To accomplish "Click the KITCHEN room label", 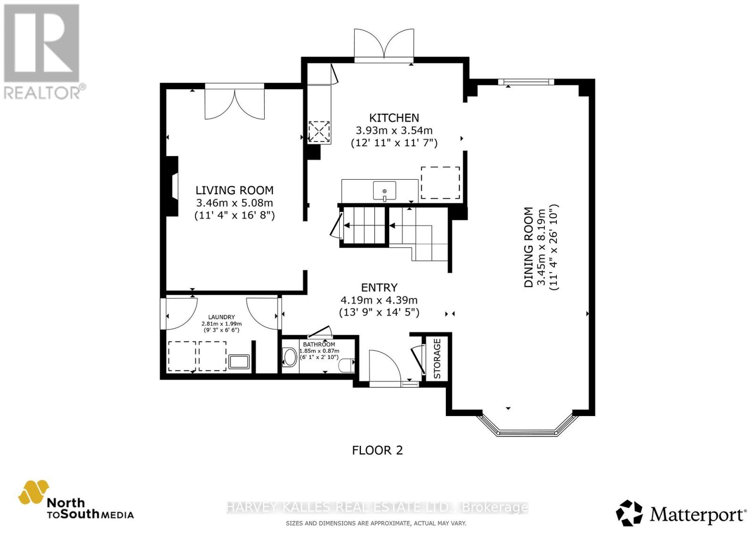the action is pyautogui.click(x=394, y=118).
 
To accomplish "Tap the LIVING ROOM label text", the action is pyautogui.click(x=235, y=191).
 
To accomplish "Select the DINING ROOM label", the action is pyautogui.click(x=528, y=247).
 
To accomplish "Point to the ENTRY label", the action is pyautogui.click(x=379, y=287).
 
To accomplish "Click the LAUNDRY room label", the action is pyautogui.click(x=221, y=317).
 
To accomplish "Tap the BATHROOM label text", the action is pyautogui.click(x=319, y=344).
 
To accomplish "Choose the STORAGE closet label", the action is pyautogui.click(x=437, y=359).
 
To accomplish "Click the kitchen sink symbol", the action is pyautogui.click(x=385, y=191).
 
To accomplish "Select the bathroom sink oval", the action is pyautogui.click(x=290, y=357).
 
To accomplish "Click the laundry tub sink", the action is pyautogui.click(x=239, y=362).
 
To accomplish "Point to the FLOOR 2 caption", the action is pyautogui.click(x=377, y=451).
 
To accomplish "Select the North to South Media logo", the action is pyautogui.click(x=76, y=502).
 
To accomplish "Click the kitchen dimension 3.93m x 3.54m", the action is pyautogui.click(x=394, y=130).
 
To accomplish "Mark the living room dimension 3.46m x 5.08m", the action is pyautogui.click(x=235, y=203).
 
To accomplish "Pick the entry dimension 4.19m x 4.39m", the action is pyautogui.click(x=379, y=300).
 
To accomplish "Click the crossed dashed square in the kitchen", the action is pyautogui.click(x=319, y=132).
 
